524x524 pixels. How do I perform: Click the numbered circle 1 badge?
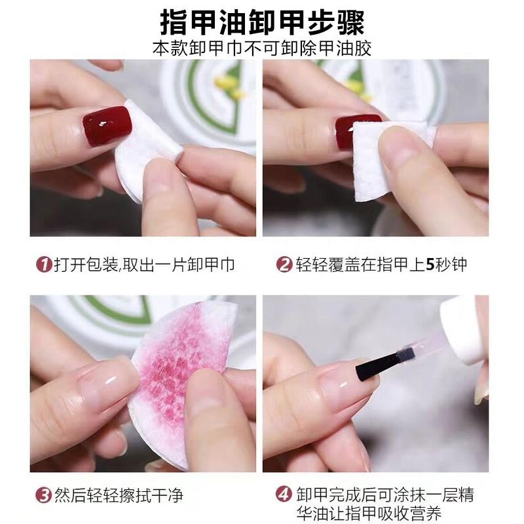[x=43, y=265]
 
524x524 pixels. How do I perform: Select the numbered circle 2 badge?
[x=284, y=265]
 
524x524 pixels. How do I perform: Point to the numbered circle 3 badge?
[x=43, y=496]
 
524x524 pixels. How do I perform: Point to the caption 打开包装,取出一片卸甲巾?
[x=144, y=265]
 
